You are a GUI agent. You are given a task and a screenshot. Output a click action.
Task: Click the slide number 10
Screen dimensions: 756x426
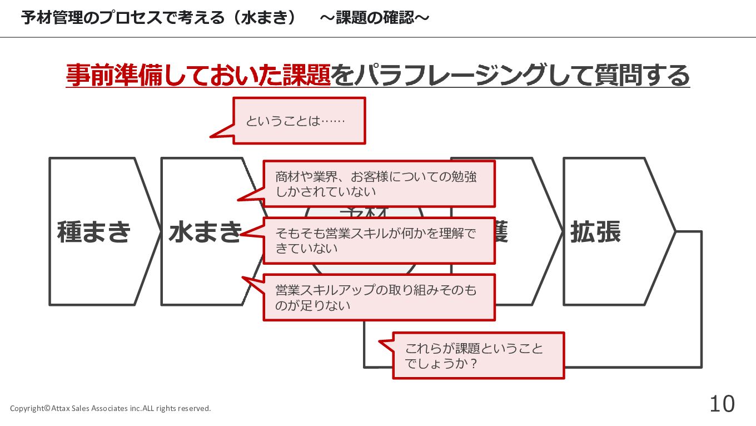(x=722, y=404)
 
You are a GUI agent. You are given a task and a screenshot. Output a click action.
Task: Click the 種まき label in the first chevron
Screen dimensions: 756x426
(x=94, y=232)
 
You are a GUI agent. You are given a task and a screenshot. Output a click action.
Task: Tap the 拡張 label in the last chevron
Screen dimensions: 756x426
(x=595, y=232)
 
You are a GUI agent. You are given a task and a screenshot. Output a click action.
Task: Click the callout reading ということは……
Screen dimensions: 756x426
(x=299, y=121)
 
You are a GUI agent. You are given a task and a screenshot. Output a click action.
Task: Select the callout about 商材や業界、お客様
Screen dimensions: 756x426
(x=378, y=184)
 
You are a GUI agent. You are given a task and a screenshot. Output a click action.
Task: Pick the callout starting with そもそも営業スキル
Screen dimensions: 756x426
(x=378, y=240)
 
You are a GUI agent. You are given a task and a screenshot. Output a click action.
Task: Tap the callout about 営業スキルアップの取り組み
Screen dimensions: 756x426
(x=378, y=298)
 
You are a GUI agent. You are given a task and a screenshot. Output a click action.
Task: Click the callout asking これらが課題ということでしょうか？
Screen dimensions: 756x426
(x=478, y=356)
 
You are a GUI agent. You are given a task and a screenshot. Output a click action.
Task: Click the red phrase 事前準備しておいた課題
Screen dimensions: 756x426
(x=198, y=76)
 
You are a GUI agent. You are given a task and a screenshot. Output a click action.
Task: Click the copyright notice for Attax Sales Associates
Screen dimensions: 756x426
(x=111, y=408)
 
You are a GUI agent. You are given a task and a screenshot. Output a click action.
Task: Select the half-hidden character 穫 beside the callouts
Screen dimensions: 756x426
(x=500, y=232)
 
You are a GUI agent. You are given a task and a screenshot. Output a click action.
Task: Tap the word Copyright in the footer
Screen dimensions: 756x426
(x=27, y=408)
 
